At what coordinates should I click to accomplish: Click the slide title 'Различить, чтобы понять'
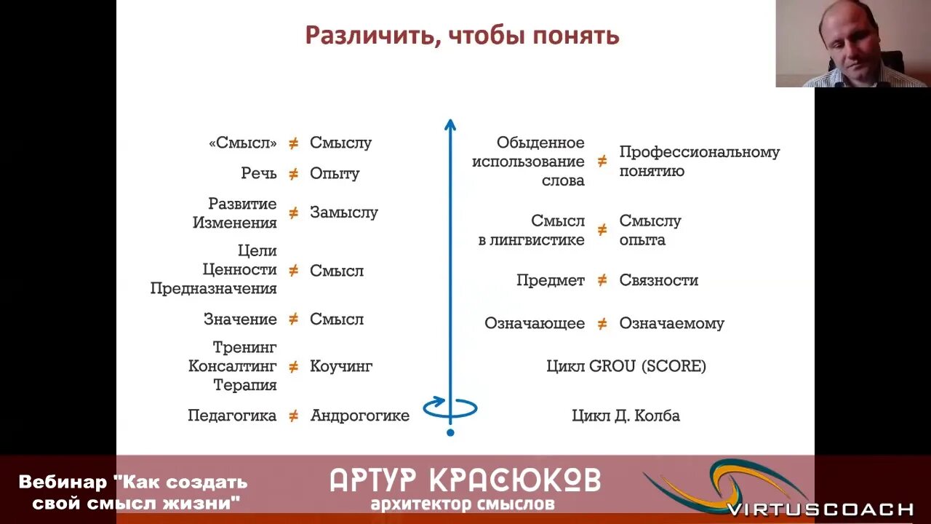pos(462,36)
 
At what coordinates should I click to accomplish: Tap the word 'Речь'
pos(259,173)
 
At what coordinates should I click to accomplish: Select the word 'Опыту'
pos(335,173)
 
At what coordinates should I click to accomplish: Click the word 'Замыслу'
pos(343,213)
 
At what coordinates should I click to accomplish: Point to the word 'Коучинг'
pos(340,366)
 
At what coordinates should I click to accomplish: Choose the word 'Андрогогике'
pos(359,416)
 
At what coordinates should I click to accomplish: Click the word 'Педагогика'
pos(232,416)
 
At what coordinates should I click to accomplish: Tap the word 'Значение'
pos(240,319)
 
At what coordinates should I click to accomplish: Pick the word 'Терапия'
pos(244,385)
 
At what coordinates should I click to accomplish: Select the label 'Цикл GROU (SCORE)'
pos(626,366)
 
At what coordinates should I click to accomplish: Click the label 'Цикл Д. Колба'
pos(626,416)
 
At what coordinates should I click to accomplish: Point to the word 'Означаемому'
pos(671,323)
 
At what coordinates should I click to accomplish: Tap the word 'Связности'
pos(658,280)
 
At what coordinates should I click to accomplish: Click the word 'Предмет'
pos(551,280)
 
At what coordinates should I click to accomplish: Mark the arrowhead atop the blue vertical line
pos(450,125)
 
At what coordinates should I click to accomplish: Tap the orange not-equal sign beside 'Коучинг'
pos(293,366)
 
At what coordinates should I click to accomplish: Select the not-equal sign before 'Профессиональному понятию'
pos(602,162)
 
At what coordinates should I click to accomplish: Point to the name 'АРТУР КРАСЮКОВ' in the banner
pos(465,480)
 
